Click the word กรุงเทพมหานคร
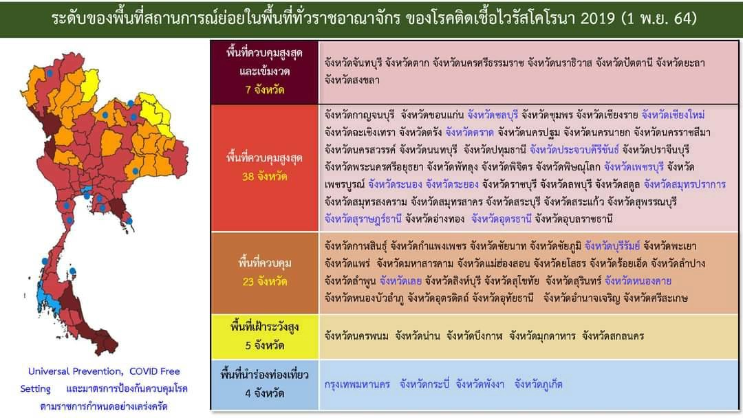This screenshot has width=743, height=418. (x=357, y=384)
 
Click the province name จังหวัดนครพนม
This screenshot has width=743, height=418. (x=356, y=336)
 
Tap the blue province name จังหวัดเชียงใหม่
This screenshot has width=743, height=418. (x=674, y=114)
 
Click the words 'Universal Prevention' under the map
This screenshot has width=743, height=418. (x=74, y=371)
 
